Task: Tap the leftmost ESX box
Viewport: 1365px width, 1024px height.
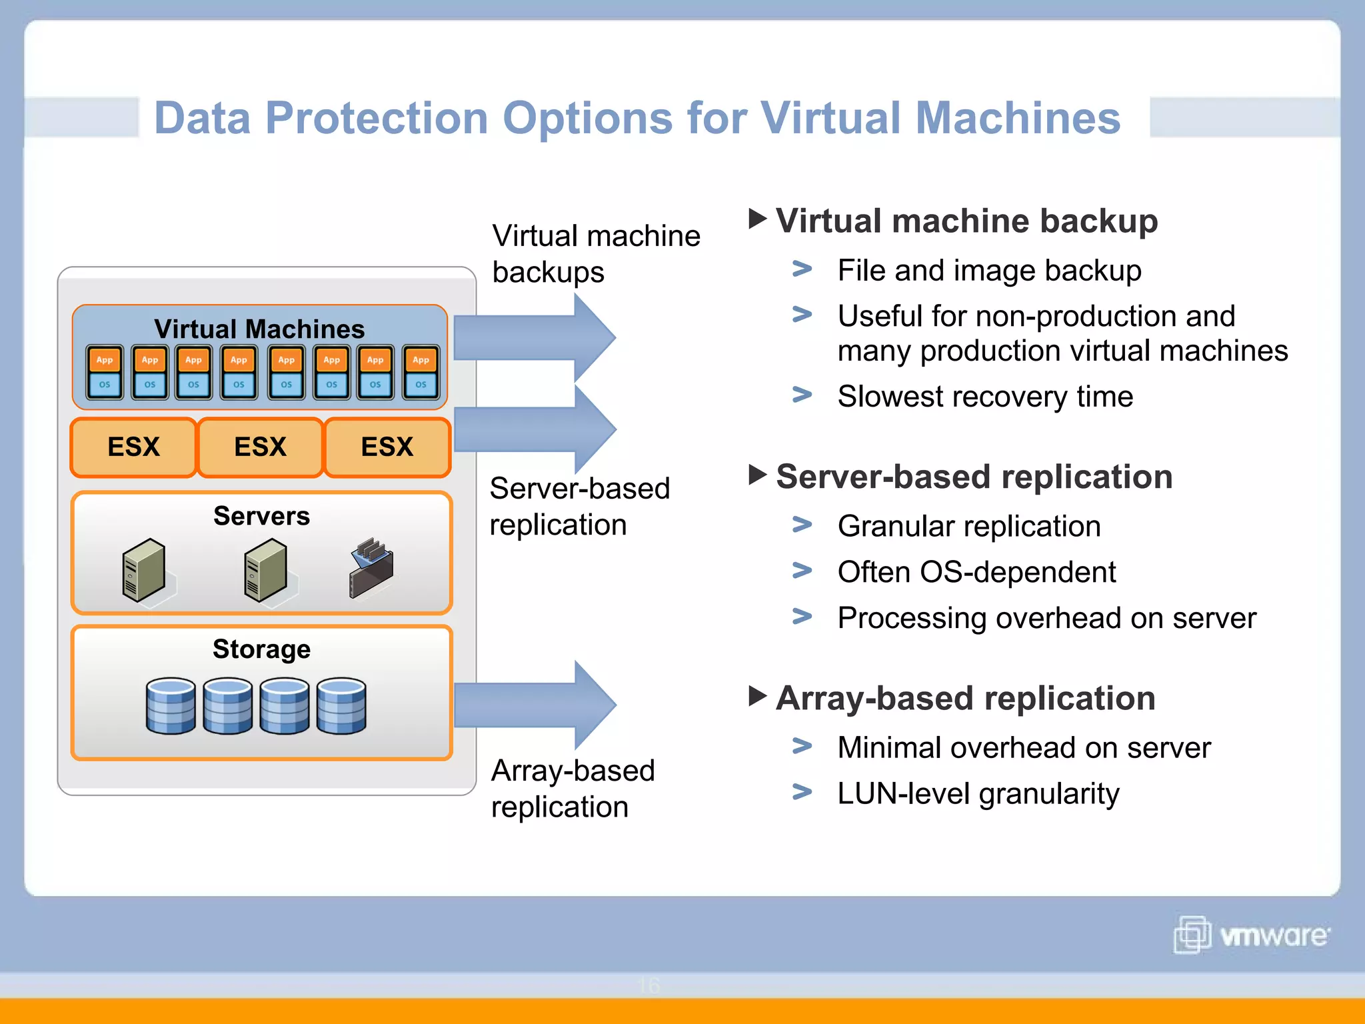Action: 133,447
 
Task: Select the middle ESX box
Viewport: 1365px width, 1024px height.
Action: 260,447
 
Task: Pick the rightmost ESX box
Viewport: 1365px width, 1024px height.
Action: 387,447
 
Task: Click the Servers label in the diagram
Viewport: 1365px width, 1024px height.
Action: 261,516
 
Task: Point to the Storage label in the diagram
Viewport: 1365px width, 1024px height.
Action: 261,649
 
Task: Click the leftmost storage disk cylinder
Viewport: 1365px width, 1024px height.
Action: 171,706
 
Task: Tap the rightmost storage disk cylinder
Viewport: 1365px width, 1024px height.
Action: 341,706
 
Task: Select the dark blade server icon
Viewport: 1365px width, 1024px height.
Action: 371,568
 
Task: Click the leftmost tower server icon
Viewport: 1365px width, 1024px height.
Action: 143,570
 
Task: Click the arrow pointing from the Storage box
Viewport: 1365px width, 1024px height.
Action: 533,705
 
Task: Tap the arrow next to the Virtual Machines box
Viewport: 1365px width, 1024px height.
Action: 533,337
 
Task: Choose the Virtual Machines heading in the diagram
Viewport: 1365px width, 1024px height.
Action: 259,329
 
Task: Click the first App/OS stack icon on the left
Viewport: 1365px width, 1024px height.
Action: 105,372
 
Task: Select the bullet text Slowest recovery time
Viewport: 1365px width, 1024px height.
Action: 985,397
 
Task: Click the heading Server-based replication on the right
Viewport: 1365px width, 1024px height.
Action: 974,477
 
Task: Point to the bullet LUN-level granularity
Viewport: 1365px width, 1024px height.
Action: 978,793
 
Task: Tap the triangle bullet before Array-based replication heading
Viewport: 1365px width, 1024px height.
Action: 758,696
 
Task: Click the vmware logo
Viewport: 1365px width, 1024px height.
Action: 1251,935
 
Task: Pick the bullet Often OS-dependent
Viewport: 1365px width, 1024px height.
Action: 976,572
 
